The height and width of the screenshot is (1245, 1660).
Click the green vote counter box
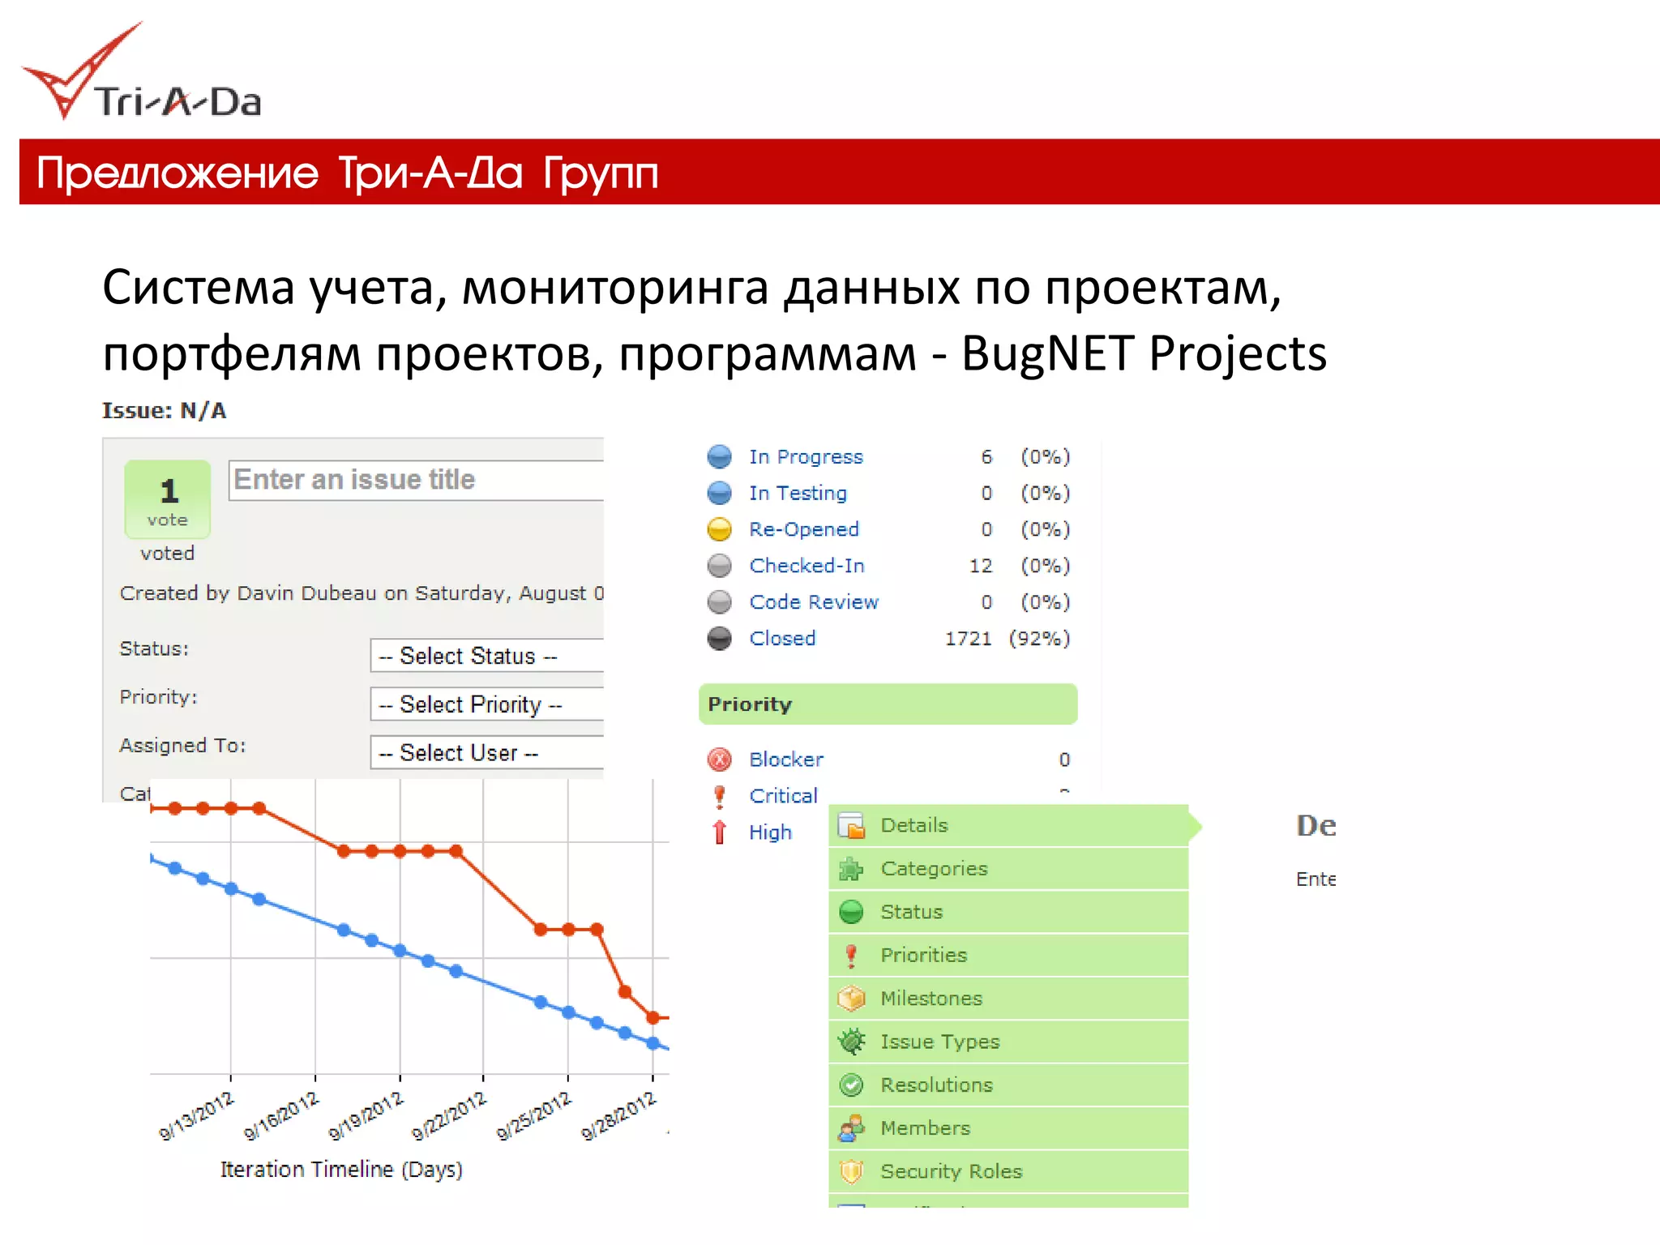[168, 499]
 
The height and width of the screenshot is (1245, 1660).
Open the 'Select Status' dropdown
[486, 656]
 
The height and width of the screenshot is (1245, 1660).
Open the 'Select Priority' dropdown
[486, 704]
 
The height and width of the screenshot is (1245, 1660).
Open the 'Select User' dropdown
[486, 753]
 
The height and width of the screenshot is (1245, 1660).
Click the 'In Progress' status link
[806, 457]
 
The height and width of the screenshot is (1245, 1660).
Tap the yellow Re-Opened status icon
[719, 529]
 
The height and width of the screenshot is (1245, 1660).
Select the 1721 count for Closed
[968, 639]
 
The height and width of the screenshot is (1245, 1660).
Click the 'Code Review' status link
[814, 602]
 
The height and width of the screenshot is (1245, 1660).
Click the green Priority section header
[888, 704]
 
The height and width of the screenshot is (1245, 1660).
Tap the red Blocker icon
[719, 759]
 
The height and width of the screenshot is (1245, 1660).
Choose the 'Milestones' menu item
[931, 999]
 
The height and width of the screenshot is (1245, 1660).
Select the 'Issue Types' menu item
[940, 1042]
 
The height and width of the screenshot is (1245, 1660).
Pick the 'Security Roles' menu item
[952, 1171]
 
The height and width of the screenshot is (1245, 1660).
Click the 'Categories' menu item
[934, 869]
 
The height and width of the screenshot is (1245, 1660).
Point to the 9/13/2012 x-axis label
[197, 1116]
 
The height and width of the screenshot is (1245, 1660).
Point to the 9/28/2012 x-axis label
[618, 1116]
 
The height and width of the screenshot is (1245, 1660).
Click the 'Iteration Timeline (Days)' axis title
[341, 1170]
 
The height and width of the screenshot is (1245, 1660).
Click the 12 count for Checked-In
[981, 566]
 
